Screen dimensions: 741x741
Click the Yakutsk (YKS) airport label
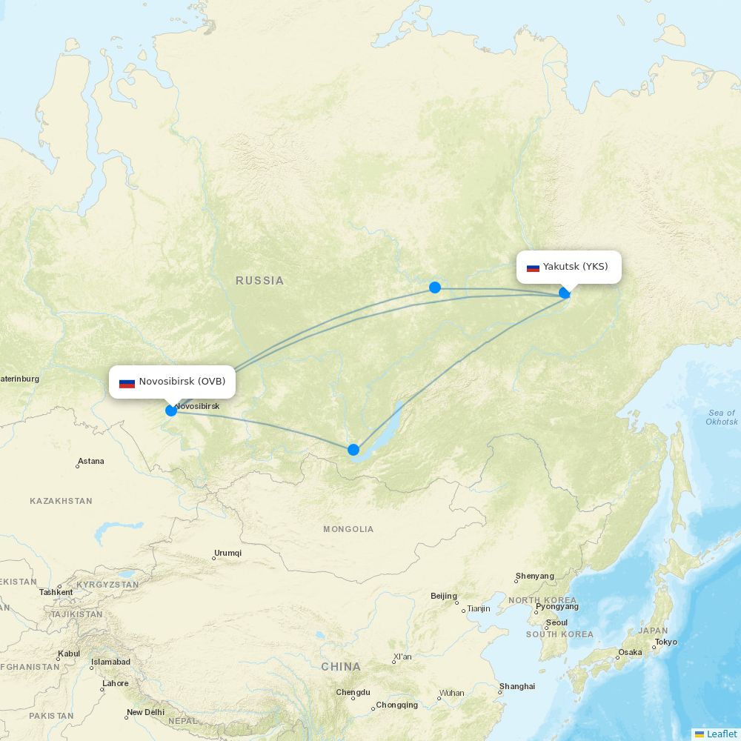(574, 267)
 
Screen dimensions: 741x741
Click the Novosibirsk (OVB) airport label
(182, 382)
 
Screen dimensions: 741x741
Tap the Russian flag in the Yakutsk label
(533, 268)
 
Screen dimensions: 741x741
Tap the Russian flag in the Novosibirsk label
(127, 383)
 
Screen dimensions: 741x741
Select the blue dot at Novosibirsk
(171, 411)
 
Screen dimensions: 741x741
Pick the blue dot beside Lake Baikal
(353, 450)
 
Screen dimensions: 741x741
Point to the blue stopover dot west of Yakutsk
(435, 288)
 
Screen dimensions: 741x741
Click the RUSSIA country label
(259, 281)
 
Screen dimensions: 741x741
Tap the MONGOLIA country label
(348, 529)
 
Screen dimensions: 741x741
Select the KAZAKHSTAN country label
(61, 501)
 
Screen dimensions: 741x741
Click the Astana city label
(91, 461)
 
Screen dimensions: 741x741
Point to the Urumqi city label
(227, 553)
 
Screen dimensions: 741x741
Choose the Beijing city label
(444, 596)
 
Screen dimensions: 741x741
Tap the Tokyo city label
(665, 642)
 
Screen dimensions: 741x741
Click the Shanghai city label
(517, 686)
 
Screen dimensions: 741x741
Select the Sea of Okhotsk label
(722, 417)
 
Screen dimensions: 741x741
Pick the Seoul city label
(556, 622)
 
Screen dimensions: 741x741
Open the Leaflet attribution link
(721, 734)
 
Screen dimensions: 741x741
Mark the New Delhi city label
(145, 712)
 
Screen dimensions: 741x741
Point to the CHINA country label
(341, 667)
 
